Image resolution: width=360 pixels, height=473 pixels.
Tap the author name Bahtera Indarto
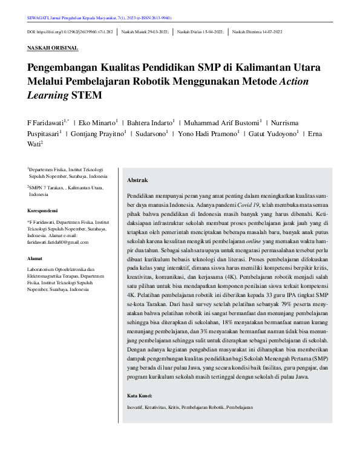147,123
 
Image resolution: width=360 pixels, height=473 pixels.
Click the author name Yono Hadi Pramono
214,134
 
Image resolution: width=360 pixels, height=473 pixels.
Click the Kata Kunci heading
140,396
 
